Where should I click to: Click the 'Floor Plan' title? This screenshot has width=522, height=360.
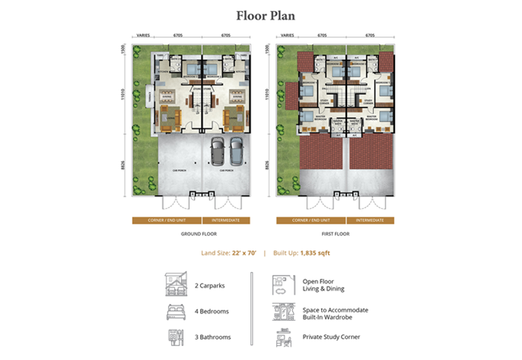pyautogui.click(x=260, y=16)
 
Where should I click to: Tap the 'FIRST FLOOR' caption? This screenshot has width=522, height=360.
pyautogui.click(x=335, y=233)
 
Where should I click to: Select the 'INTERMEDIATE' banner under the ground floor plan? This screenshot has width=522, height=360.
pyautogui.click(x=225, y=220)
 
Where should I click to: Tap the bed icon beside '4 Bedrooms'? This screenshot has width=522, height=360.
pyautogui.click(x=176, y=311)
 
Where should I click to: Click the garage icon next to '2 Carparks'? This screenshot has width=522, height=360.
pyautogui.click(x=176, y=284)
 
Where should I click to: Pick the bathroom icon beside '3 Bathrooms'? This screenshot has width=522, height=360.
pyautogui.click(x=176, y=338)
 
